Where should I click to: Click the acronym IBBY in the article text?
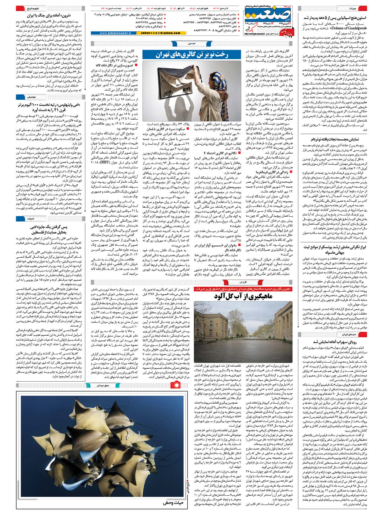tap(96, 163)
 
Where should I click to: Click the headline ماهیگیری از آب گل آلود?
tap(243, 296)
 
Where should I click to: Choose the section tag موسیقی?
tap(31, 97)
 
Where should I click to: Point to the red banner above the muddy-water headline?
tap(243, 289)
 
